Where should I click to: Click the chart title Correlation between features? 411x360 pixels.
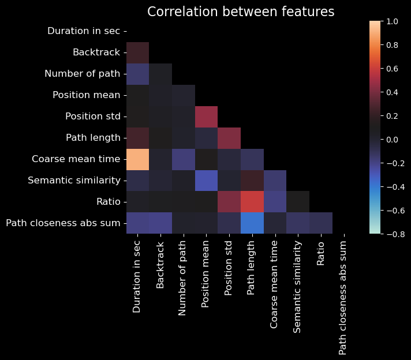pos(241,12)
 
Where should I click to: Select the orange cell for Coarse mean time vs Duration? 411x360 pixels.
pos(137,159)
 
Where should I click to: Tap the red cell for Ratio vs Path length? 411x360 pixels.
pos(252,201)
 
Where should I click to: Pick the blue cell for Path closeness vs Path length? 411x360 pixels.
pos(252,223)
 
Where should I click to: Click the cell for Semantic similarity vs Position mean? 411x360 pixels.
pos(206,180)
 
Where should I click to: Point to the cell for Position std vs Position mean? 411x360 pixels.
pos(206,116)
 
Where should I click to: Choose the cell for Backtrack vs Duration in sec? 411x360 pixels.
pos(137,52)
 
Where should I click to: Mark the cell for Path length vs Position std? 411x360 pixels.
pos(229,137)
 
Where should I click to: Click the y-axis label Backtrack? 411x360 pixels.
pos(96,52)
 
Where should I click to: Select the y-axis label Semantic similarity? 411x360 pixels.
pos(74,180)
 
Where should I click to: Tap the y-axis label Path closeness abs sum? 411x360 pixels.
pos(63,223)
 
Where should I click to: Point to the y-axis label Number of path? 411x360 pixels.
pos(82,74)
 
